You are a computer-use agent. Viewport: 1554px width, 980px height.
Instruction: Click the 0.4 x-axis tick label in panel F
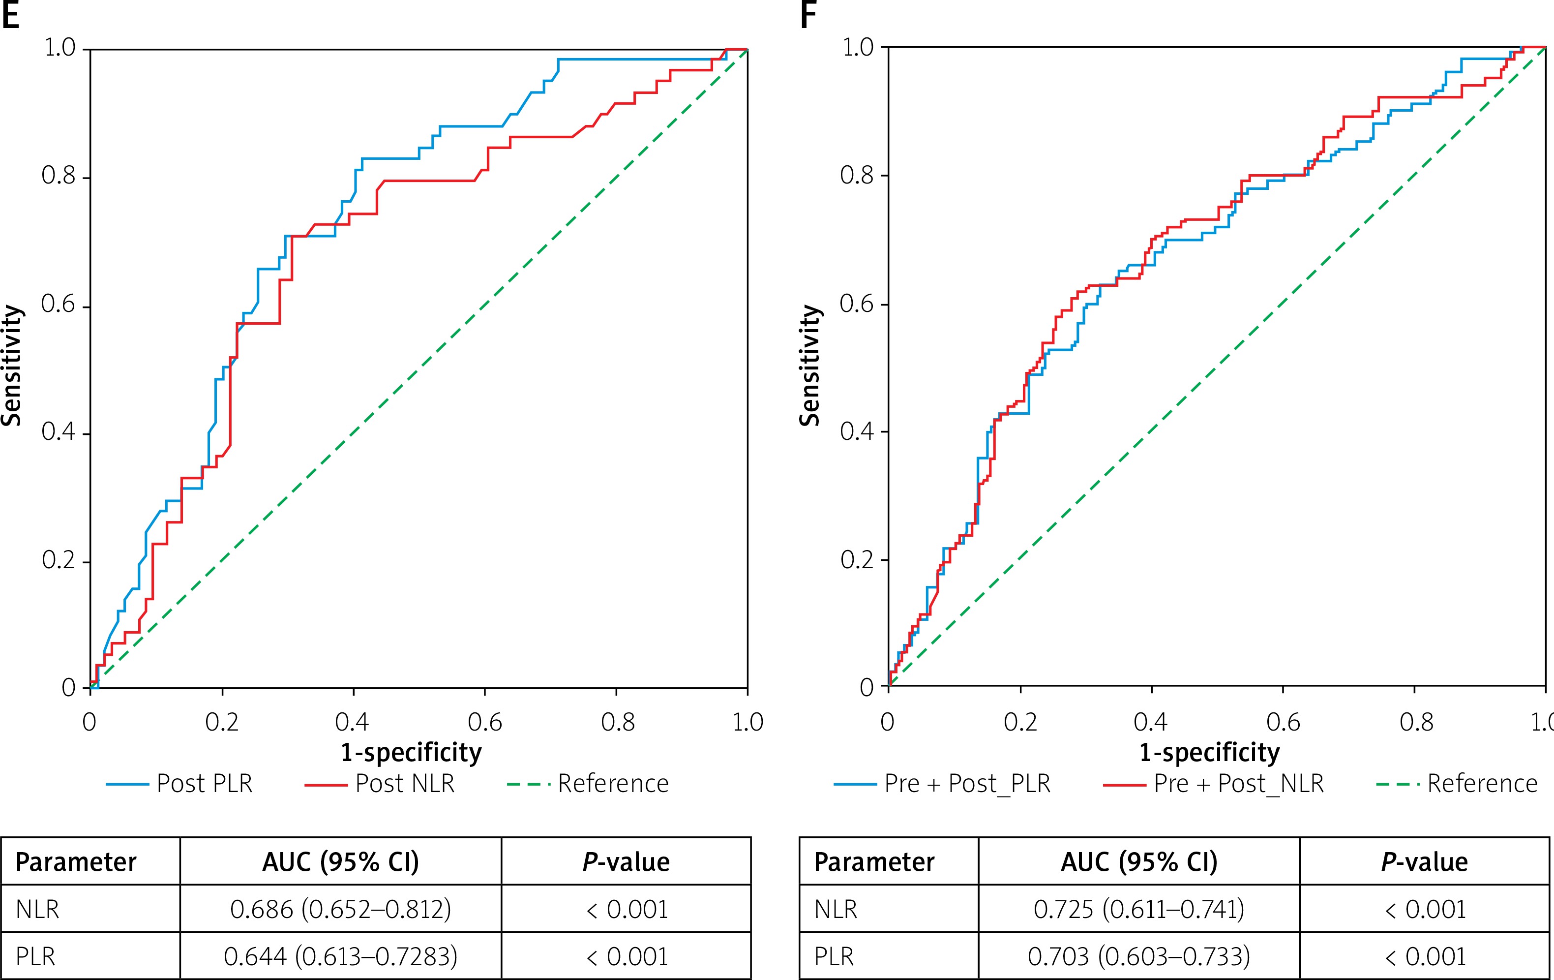(x=1151, y=722)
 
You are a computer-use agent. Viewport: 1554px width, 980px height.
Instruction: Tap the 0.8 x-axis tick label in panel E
(x=617, y=722)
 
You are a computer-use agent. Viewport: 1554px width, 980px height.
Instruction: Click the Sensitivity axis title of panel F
(x=810, y=366)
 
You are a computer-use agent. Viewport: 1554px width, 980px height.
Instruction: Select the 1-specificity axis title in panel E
(x=411, y=753)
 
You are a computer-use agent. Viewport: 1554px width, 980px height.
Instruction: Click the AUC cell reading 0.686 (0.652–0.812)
(x=340, y=909)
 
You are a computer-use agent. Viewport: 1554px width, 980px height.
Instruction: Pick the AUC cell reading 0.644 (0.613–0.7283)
(x=340, y=956)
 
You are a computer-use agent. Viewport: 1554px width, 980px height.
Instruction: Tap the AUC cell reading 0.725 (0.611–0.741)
(x=1138, y=909)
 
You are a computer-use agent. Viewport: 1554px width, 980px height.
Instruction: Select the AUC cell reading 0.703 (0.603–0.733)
(x=1138, y=956)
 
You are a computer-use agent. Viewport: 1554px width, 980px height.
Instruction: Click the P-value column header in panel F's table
(x=1424, y=862)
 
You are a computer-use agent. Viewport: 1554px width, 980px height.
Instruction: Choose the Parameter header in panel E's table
(x=76, y=862)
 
